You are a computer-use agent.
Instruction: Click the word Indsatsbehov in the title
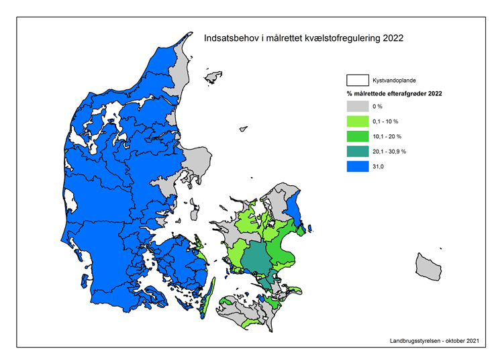(229, 38)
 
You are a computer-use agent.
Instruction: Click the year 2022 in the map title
(393, 38)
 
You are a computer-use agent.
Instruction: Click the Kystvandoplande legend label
(393, 81)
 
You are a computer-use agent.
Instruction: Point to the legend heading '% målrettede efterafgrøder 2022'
(394, 94)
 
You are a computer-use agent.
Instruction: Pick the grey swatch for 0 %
(357, 107)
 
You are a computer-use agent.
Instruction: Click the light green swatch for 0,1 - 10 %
(357, 121)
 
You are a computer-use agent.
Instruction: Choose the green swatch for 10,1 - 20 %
(357, 136)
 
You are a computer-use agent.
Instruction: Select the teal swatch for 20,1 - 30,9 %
(357, 152)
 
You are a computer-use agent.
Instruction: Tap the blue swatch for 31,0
(357, 166)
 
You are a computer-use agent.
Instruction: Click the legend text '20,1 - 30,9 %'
(389, 152)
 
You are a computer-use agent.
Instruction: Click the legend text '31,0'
(379, 166)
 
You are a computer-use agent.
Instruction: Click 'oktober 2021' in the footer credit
(463, 341)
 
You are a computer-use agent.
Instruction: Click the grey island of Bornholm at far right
(428, 267)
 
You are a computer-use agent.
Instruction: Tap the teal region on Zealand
(254, 258)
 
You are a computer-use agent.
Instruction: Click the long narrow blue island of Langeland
(207, 293)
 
